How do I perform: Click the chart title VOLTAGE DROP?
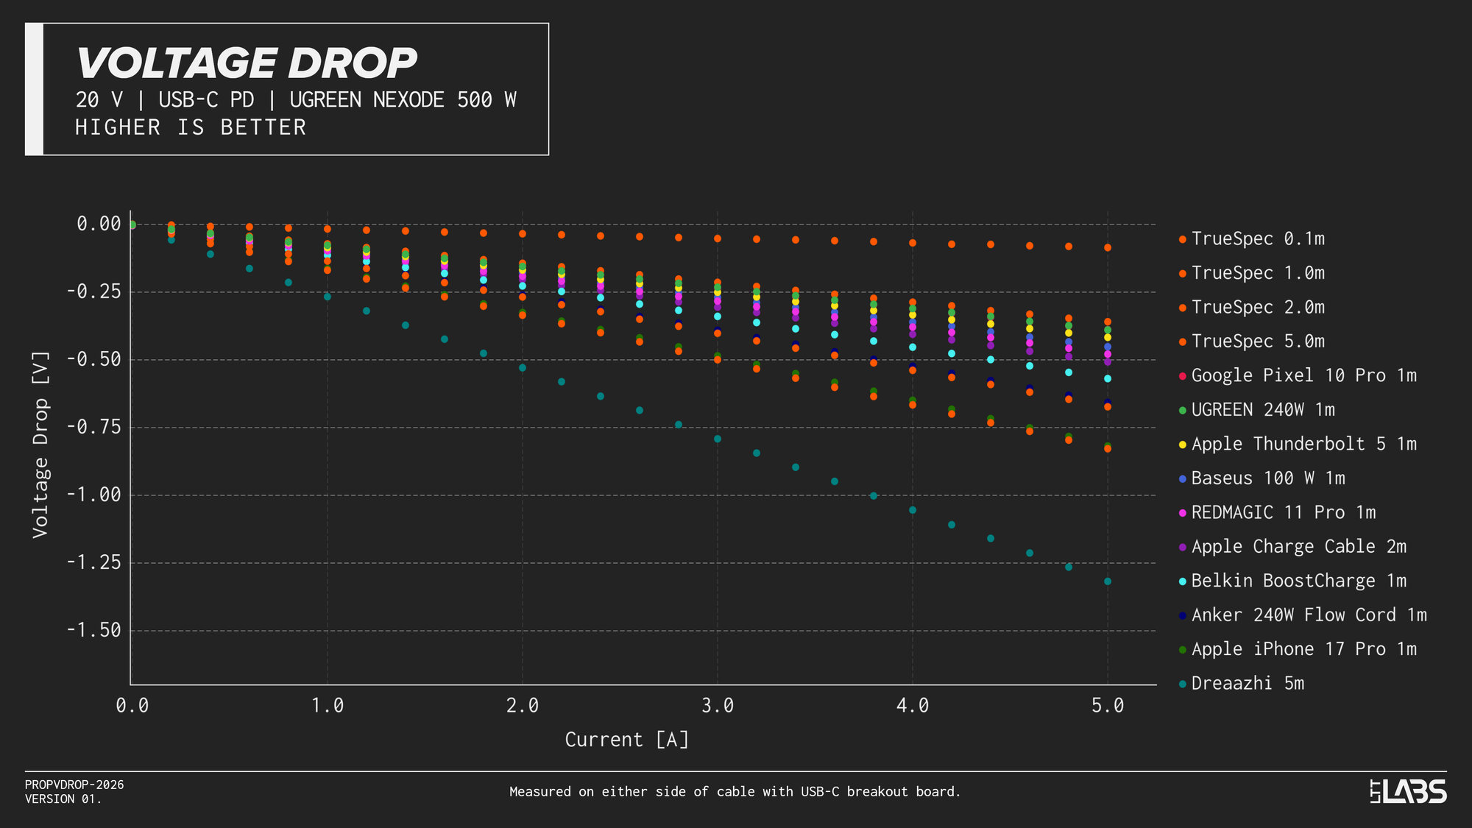pyautogui.click(x=247, y=63)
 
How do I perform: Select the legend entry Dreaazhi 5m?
pyautogui.click(x=1247, y=684)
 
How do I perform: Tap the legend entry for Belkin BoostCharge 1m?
pyautogui.click(x=1298, y=581)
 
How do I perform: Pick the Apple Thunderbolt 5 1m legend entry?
pyautogui.click(x=1303, y=445)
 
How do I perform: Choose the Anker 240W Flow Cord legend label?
pyautogui.click(x=1309, y=615)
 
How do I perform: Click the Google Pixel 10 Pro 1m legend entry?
pyautogui.click(x=1303, y=376)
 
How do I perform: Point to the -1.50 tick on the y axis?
pyautogui.click(x=93, y=631)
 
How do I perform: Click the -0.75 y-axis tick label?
pyautogui.click(x=93, y=428)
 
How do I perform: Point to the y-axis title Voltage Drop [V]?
pyautogui.click(x=40, y=446)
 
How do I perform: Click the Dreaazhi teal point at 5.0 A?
pyautogui.click(x=1108, y=581)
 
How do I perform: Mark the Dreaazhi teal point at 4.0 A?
pyautogui.click(x=913, y=510)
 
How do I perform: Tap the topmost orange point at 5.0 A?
pyautogui.click(x=1108, y=248)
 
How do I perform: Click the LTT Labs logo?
pyautogui.click(x=1408, y=792)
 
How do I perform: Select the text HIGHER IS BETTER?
pyautogui.click(x=191, y=128)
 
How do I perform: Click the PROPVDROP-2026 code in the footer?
pyautogui.click(x=74, y=785)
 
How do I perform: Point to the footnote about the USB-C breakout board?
pyautogui.click(x=735, y=792)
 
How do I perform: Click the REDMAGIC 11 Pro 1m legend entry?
pyautogui.click(x=1283, y=513)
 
